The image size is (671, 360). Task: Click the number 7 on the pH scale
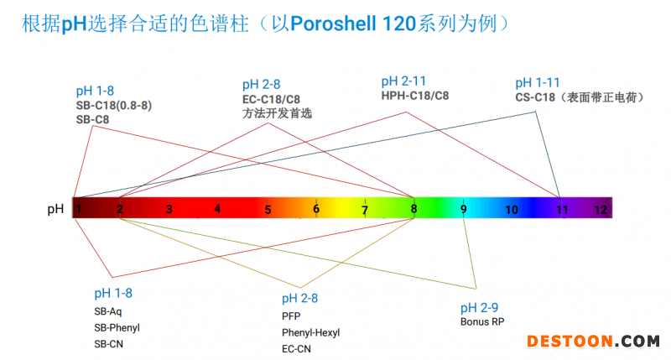pyautogui.click(x=365, y=210)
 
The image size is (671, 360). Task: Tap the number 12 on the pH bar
pyautogui.click(x=601, y=209)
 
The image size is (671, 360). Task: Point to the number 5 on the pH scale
pyautogui.click(x=268, y=210)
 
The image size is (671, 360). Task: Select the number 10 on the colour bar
pyautogui.click(x=512, y=210)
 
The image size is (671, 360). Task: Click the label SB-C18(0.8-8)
pyautogui.click(x=114, y=105)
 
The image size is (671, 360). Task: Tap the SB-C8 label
pyautogui.click(x=92, y=119)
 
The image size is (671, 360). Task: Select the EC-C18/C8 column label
pyautogui.click(x=271, y=99)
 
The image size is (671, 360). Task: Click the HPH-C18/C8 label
pyautogui.click(x=414, y=96)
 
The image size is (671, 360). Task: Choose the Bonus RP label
pyautogui.click(x=482, y=321)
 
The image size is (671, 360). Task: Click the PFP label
pyautogui.click(x=291, y=316)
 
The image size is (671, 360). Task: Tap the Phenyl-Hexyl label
pyautogui.click(x=310, y=332)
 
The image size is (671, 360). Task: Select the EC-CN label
pyautogui.click(x=296, y=349)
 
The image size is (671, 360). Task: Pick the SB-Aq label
pyautogui.click(x=108, y=311)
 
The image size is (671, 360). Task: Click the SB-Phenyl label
pyautogui.click(x=117, y=328)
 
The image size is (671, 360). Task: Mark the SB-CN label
pyautogui.click(x=109, y=344)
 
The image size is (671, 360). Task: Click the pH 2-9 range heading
pyautogui.click(x=479, y=307)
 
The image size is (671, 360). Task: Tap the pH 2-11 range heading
pyautogui.click(x=403, y=81)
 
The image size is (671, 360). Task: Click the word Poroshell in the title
pyautogui.click(x=333, y=23)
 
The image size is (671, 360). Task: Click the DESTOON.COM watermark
pyautogui.click(x=593, y=342)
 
